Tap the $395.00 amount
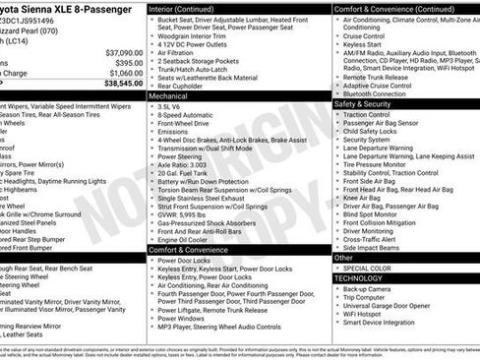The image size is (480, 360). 126,62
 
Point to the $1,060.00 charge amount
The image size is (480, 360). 121,73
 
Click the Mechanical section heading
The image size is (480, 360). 170,97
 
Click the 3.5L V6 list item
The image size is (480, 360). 172,107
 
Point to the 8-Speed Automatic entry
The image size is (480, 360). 186,117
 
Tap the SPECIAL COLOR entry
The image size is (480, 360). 369,269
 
